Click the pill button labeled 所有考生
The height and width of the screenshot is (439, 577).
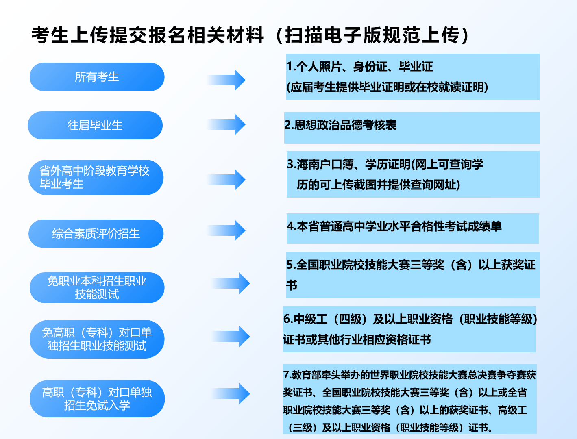pos(97,77)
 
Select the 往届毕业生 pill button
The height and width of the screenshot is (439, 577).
pos(95,125)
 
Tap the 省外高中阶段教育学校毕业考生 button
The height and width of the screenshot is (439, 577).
pos(96,177)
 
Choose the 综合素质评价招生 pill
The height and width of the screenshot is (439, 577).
pos(96,233)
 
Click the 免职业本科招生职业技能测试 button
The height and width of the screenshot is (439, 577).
pos(97,287)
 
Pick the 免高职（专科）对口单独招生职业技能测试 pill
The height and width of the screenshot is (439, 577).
pos(97,339)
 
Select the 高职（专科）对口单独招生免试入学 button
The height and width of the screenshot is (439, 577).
pos(97,398)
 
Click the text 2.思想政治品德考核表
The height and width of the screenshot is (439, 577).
pos(340,125)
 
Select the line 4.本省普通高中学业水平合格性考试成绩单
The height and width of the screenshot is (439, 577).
pos(394,226)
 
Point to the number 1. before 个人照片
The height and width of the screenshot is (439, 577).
pos(291,67)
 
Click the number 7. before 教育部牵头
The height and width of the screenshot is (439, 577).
pos(287,375)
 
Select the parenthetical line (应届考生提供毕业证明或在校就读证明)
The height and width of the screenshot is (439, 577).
pos(388,87)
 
